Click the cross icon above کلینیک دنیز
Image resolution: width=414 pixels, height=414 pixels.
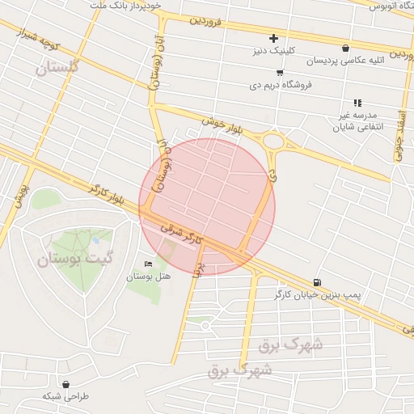[x=273, y=38]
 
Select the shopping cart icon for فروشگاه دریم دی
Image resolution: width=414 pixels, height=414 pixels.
[x=280, y=73]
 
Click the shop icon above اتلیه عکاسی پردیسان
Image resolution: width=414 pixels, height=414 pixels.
[x=346, y=48]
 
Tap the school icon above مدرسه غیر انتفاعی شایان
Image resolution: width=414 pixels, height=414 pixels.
[x=357, y=103]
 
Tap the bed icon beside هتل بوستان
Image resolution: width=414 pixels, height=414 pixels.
[x=148, y=264]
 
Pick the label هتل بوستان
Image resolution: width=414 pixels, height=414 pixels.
[x=148, y=277]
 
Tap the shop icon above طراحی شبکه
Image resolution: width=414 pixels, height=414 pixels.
[x=65, y=384]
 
